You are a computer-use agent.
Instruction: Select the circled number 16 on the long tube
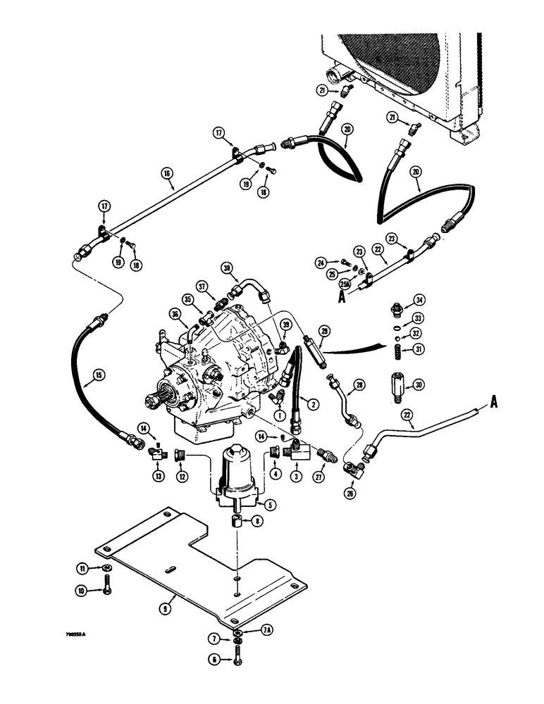pyautogui.click(x=166, y=171)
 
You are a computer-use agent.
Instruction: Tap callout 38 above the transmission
pyautogui.click(x=227, y=268)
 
